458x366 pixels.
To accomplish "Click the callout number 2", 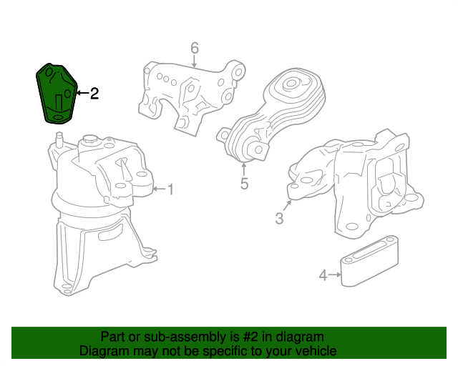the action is click(94, 93).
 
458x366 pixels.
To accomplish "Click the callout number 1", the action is click(170, 189).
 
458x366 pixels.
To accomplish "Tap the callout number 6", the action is click(194, 48).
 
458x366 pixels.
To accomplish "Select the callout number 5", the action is click(244, 184).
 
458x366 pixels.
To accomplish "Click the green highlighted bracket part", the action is click(56, 93).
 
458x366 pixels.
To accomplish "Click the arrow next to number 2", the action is click(80, 93).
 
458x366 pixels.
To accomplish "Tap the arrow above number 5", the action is click(244, 170).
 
